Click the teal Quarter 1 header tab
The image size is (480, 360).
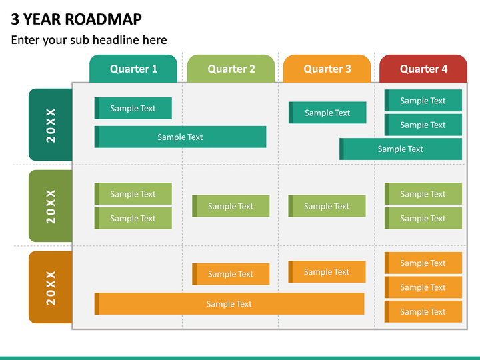(133, 69)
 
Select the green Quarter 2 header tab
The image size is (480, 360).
(231, 69)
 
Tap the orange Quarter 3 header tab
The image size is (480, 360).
(327, 69)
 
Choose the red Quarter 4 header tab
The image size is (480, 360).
(423, 69)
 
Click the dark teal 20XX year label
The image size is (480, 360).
(51, 125)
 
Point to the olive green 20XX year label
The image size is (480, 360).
(51, 206)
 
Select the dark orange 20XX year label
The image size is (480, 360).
(51, 287)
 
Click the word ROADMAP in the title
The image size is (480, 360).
(103, 19)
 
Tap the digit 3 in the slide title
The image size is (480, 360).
(15, 19)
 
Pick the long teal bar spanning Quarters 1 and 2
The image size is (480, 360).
(180, 137)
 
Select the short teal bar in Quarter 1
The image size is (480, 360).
(133, 108)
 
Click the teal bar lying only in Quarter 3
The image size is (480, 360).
(327, 113)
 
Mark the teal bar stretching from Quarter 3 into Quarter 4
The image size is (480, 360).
(401, 149)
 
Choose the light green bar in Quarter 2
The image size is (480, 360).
(231, 206)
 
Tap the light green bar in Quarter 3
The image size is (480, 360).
(327, 206)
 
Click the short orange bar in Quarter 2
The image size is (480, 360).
(231, 274)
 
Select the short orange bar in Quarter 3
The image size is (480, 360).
(327, 272)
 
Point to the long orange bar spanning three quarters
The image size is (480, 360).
(229, 304)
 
